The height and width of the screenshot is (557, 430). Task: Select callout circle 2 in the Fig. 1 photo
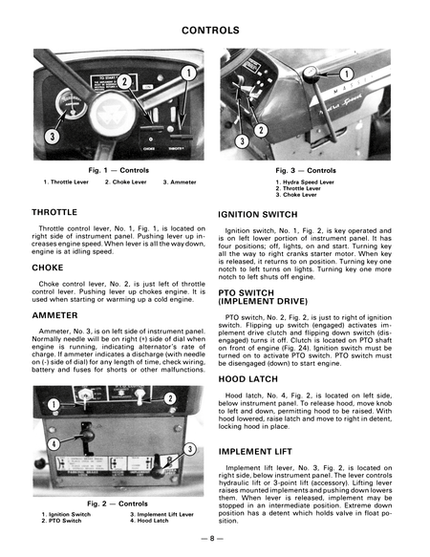[x=125, y=84]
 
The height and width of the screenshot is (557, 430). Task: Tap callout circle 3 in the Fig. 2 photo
[x=190, y=449]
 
